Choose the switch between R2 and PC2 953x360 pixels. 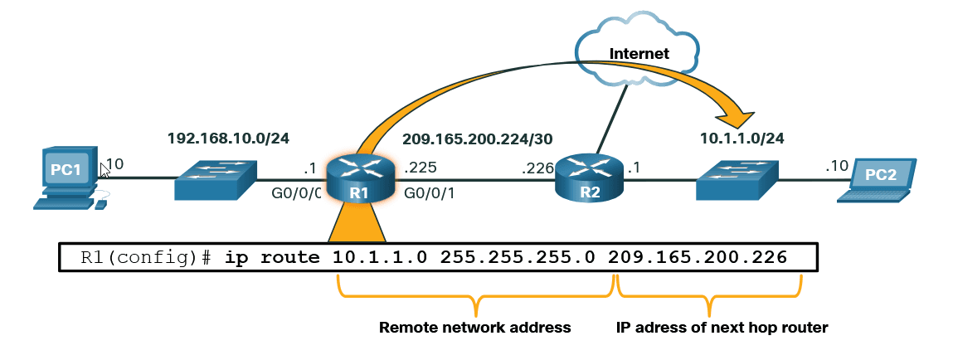737,178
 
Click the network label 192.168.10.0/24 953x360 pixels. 228,137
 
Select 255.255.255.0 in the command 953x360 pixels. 518,258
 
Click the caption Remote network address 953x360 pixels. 474,328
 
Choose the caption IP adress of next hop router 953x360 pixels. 722,328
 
